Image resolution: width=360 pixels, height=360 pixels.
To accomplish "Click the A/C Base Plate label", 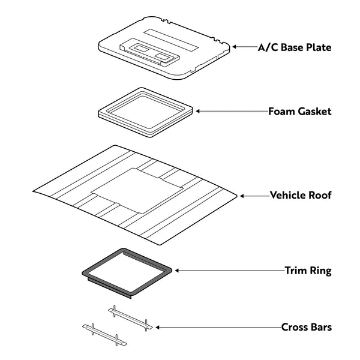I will click(294, 47).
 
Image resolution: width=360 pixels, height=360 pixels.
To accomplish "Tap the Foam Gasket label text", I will click(299, 112).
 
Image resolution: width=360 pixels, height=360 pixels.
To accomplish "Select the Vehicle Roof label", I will click(301, 196).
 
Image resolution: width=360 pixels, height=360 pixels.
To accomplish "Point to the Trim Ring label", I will click(308, 271).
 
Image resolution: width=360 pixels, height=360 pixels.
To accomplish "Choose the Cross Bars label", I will click(306, 328).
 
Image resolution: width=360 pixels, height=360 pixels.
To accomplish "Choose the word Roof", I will click(319, 196).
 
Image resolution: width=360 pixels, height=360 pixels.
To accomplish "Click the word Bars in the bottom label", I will click(319, 328).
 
